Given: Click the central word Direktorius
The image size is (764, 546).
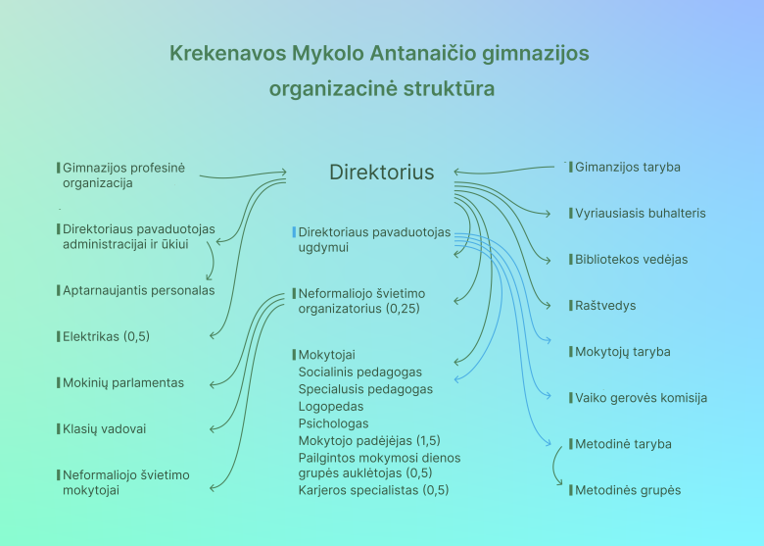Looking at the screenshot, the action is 382,173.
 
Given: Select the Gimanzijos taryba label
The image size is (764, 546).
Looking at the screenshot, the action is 628,168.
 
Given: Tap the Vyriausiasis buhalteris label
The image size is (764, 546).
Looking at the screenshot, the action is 641,214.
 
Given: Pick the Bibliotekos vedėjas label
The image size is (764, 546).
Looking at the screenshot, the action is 632,260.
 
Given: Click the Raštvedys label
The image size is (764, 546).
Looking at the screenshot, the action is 605,306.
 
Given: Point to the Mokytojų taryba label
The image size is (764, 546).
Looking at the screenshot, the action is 623,352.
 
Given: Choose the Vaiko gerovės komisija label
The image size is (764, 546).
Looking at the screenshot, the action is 642,398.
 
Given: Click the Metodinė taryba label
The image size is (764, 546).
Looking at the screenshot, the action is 623,444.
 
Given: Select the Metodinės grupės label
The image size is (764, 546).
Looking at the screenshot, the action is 628,490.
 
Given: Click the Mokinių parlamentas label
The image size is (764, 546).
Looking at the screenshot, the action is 123,382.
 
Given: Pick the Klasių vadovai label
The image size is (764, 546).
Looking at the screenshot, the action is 104,429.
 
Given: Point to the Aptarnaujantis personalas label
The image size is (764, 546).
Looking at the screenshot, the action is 139,290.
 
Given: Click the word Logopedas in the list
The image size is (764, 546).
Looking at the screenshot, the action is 331,407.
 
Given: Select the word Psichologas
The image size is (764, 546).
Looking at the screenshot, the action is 333,423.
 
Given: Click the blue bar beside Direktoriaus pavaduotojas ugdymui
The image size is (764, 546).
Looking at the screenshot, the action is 294,232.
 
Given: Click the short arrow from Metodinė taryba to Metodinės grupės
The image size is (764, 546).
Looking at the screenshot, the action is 554,466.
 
